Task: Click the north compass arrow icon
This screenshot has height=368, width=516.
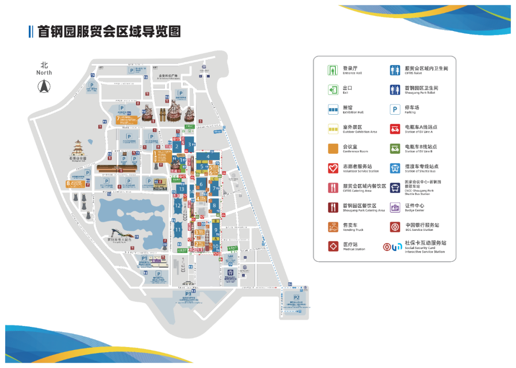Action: tap(44, 87)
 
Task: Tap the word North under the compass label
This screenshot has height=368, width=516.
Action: tap(44, 73)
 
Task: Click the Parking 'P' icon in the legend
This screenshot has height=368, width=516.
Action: tap(395, 109)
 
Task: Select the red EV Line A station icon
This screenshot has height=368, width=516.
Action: tap(395, 129)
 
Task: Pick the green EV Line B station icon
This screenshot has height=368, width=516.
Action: tap(395, 149)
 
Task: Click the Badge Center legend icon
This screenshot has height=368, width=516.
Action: tap(395, 207)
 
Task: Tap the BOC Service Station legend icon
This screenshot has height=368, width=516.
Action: tap(395, 227)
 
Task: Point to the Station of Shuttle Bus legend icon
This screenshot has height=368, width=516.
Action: tap(395, 168)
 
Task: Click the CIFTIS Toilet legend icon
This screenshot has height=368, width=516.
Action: tap(395, 70)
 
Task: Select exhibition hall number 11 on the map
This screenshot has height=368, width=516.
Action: tap(178, 230)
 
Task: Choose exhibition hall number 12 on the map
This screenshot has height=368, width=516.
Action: tap(178, 206)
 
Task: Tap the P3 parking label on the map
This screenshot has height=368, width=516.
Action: tap(188, 293)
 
